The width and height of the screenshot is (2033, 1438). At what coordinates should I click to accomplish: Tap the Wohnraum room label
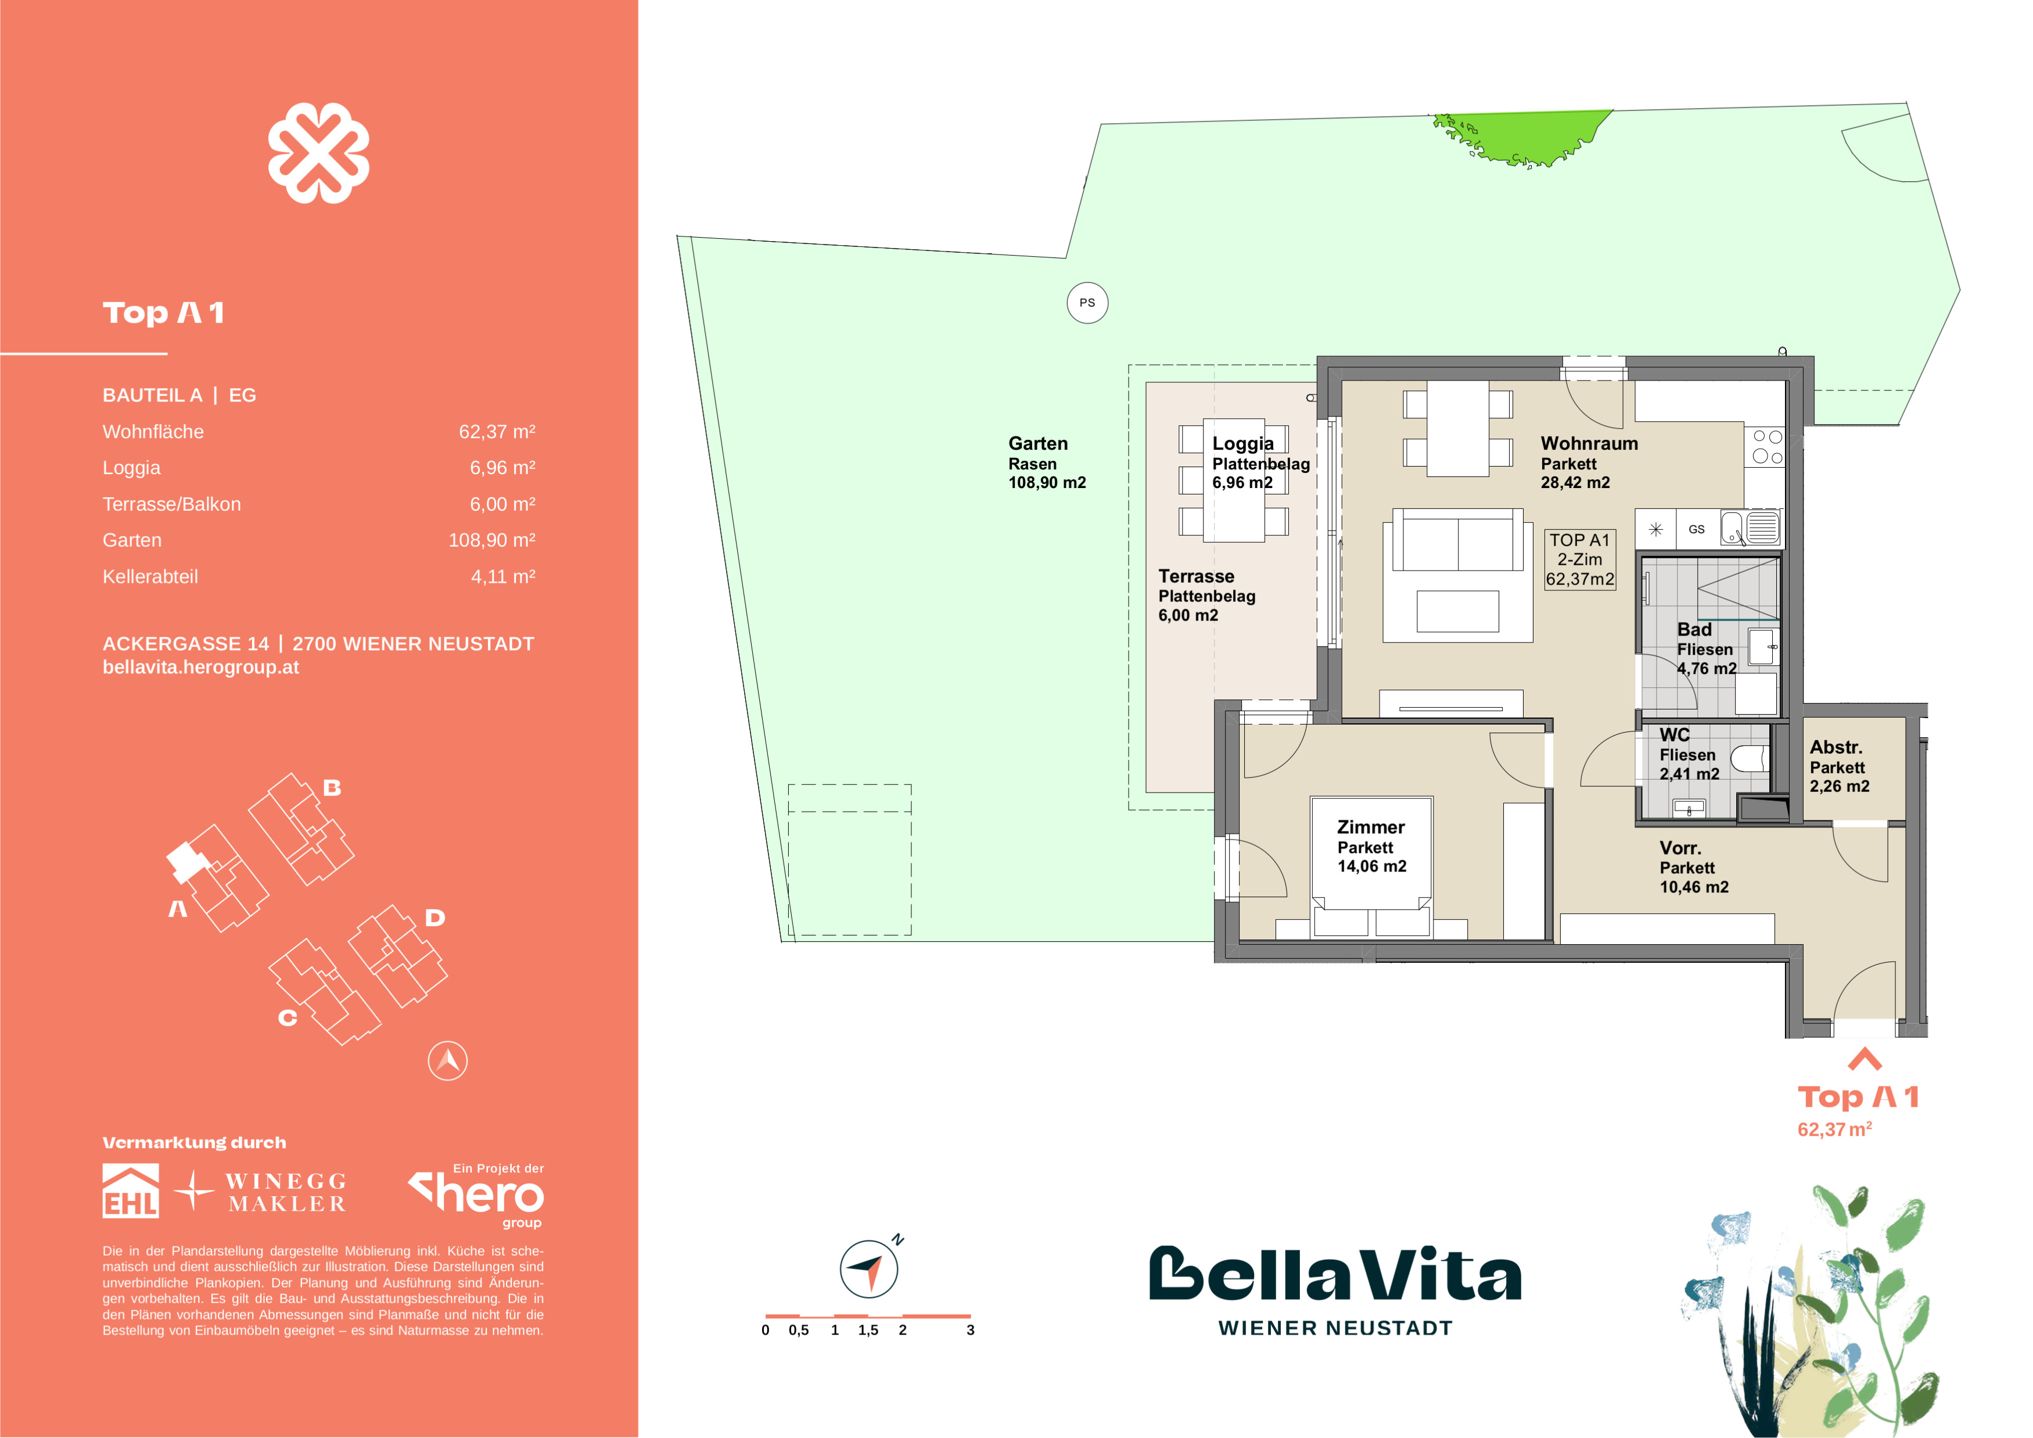[1589, 444]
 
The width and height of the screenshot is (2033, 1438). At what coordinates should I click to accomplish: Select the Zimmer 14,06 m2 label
[1371, 847]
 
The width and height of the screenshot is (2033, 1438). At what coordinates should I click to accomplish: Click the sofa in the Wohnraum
[1457, 542]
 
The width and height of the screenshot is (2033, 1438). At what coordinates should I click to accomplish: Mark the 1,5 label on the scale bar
[868, 1330]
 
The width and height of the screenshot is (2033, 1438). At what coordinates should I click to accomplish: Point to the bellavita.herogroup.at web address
[201, 668]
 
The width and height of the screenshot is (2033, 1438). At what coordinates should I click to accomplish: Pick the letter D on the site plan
[434, 917]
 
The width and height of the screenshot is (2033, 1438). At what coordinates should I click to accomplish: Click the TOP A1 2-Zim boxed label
[1580, 560]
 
